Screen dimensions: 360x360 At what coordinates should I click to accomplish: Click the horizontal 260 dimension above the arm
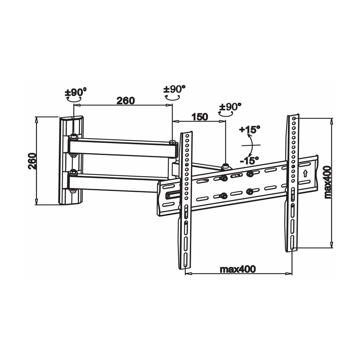(126, 100)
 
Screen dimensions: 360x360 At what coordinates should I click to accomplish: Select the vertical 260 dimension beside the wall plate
(32, 161)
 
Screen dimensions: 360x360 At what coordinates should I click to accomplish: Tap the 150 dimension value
(200, 117)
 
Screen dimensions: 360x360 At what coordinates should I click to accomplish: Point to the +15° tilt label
(249, 129)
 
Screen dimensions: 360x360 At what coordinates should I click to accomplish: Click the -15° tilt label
(249, 160)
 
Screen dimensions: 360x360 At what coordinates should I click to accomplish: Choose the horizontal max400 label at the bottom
(238, 269)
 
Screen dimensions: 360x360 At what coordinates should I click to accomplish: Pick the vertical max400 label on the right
(327, 182)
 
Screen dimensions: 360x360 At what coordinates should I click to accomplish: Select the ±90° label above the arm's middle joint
(174, 89)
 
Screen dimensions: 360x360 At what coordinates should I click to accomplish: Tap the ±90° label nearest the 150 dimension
(230, 107)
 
